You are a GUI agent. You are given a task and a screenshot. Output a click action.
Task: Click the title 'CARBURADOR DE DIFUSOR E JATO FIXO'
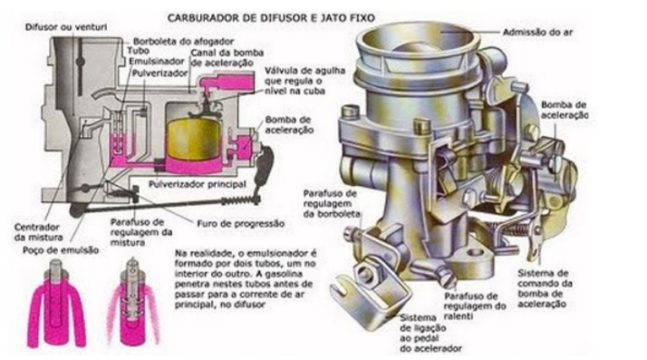[271, 18]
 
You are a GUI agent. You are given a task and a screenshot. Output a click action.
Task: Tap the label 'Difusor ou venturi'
[66, 27]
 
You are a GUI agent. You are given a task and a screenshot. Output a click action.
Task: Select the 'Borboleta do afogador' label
[184, 42]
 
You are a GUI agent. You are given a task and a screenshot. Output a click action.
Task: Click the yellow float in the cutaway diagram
[194, 139]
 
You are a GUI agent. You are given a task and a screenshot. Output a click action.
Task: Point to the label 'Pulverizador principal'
[198, 184]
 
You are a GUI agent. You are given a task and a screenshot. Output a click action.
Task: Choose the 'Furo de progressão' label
[240, 224]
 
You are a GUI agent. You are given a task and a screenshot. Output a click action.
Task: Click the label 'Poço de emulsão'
[61, 250]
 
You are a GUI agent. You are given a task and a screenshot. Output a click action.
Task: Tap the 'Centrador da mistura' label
[38, 232]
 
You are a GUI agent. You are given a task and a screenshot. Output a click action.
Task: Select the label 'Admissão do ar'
[537, 33]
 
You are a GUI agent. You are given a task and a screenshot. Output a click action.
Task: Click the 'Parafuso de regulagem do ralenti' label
[475, 306]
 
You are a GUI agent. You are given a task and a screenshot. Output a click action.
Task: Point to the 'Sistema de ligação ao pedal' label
[430, 333]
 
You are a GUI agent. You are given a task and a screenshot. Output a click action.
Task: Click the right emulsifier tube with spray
[133, 301]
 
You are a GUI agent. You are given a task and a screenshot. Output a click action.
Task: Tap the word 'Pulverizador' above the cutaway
[160, 73]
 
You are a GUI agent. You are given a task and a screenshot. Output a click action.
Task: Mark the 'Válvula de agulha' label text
[305, 71]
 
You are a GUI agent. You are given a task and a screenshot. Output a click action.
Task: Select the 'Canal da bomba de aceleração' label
[227, 58]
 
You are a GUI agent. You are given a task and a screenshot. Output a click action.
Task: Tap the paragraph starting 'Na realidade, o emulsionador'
[246, 278]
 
